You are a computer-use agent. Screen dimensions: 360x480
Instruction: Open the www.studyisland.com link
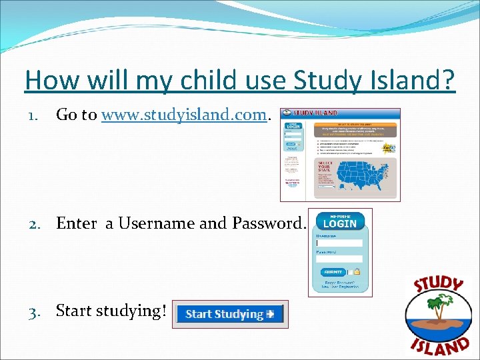pos(184,115)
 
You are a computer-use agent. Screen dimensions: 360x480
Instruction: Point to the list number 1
pos(33,116)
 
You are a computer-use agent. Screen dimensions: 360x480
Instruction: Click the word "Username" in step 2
pos(157,223)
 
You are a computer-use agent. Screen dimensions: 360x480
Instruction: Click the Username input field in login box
pos(339,243)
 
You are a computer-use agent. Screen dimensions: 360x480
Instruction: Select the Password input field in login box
pos(339,259)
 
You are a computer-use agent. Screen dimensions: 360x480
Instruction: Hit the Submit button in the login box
pos(333,272)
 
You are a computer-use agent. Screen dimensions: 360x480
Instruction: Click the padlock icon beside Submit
pos(357,272)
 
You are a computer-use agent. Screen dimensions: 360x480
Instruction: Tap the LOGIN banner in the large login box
pos(340,223)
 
